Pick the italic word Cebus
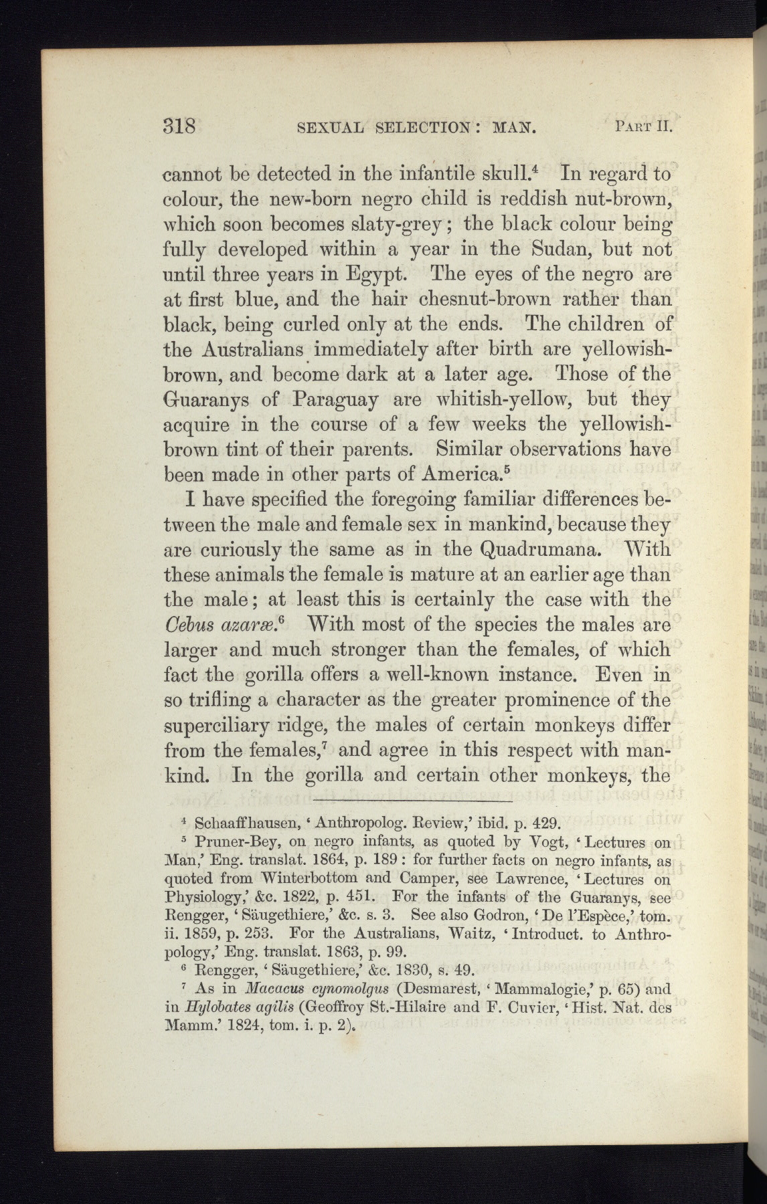click(189, 625)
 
